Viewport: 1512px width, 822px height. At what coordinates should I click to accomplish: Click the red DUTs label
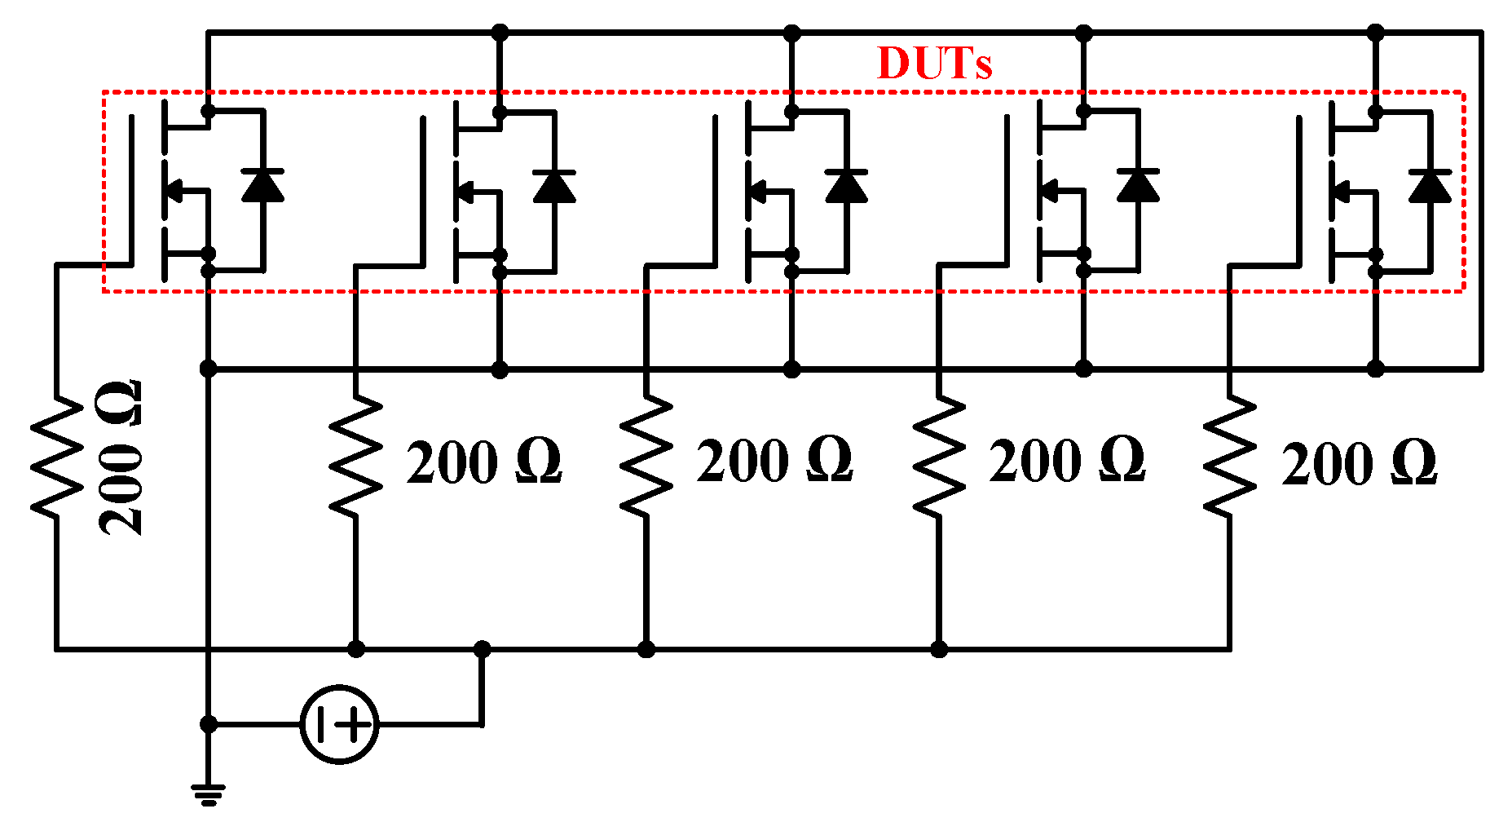[934, 63]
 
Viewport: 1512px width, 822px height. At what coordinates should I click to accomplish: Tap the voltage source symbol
[339, 724]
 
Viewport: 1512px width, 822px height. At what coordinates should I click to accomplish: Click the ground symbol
[209, 793]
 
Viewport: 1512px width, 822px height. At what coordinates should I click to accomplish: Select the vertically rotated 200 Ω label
[121, 457]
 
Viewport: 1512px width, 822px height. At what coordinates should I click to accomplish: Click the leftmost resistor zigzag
[56, 457]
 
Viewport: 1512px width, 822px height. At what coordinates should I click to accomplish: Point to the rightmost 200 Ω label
[1359, 464]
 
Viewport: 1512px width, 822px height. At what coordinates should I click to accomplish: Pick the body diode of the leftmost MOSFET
[262, 186]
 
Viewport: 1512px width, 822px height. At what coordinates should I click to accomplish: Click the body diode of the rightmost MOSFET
[1430, 186]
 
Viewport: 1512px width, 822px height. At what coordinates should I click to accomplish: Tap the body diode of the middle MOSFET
[846, 186]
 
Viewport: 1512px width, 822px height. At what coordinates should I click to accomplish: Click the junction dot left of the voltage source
[209, 724]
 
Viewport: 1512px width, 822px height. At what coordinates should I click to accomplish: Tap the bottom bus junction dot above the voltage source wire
[483, 649]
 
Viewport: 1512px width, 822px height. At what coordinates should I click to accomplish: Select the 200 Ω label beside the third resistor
[774, 461]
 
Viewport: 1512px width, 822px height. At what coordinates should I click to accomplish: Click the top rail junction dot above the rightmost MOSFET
[1376, 33]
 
